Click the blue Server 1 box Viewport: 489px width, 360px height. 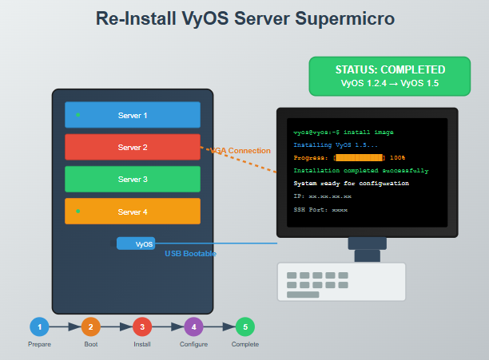(133, 115)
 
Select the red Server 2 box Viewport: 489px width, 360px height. (133, 148)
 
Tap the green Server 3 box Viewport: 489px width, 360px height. (133, 180)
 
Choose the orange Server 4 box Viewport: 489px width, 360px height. (133, 212)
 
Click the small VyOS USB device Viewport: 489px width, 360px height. (137, 243)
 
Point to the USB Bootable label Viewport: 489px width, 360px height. (191, 254)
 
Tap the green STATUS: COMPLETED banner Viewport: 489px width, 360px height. (390, 76)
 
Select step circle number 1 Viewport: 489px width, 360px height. (39, 326)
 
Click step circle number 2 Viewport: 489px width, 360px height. (90, 326)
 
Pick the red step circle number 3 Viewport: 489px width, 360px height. (142, 326)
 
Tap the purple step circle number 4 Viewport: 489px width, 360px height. (193, 326)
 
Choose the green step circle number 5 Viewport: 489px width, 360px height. (245, 326)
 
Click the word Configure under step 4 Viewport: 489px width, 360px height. (193, 344)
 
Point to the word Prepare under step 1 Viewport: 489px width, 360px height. (39, 344)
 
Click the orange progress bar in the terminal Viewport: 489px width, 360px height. (360, 158)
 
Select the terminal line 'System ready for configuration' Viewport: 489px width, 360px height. (351, 183)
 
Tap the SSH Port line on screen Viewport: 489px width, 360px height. (320, 208)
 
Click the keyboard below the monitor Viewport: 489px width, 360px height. (341, 282)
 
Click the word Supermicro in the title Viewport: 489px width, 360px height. (343, 18)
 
